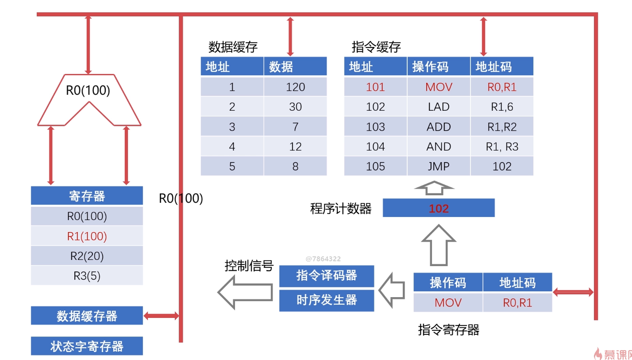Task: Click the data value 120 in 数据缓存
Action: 295,87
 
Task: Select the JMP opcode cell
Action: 439,166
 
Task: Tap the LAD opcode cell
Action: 439,107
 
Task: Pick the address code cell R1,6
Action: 502,107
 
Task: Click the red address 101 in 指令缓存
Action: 375,87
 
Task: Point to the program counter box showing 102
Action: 439,208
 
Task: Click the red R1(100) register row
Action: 87,236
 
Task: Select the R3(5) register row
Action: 87,276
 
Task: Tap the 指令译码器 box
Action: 327,275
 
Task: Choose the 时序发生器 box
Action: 327,300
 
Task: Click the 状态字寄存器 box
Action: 87,346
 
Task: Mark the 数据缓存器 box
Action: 87,316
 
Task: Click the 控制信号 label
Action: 249,266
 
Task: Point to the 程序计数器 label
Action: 341,209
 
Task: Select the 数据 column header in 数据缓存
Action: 295,66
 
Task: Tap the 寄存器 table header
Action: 87,195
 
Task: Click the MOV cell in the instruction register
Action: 448,303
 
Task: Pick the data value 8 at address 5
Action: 295,166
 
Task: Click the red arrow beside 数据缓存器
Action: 161,316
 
